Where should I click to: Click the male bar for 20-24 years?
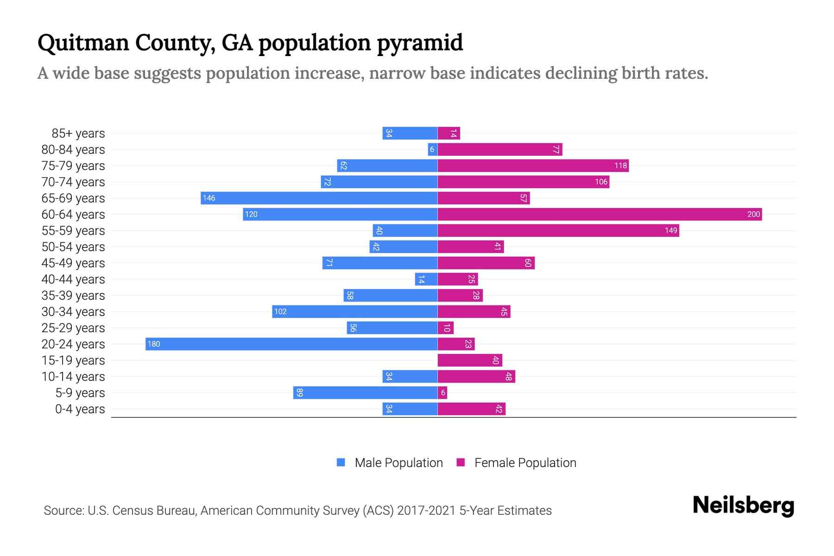coord(291,344)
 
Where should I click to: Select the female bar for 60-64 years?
coord(600,214)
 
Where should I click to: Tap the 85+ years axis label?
coord(78,133)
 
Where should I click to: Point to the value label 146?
coord(209,198)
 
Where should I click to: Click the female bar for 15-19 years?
coord(470,360)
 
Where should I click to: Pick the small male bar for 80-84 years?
coord(432,149)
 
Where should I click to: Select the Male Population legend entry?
coord(389,462)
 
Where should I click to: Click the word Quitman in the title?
coord(83,43)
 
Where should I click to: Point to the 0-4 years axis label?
coord(80,409)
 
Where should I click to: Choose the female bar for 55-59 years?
coord(558,230)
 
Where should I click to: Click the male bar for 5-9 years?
coord(365,392)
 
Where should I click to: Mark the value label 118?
coord(620,166)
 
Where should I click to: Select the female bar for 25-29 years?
coord(445,328)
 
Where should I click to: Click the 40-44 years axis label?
coord(73,279)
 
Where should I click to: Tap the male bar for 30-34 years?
coord(354,311)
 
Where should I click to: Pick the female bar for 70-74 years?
coord(523,182)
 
